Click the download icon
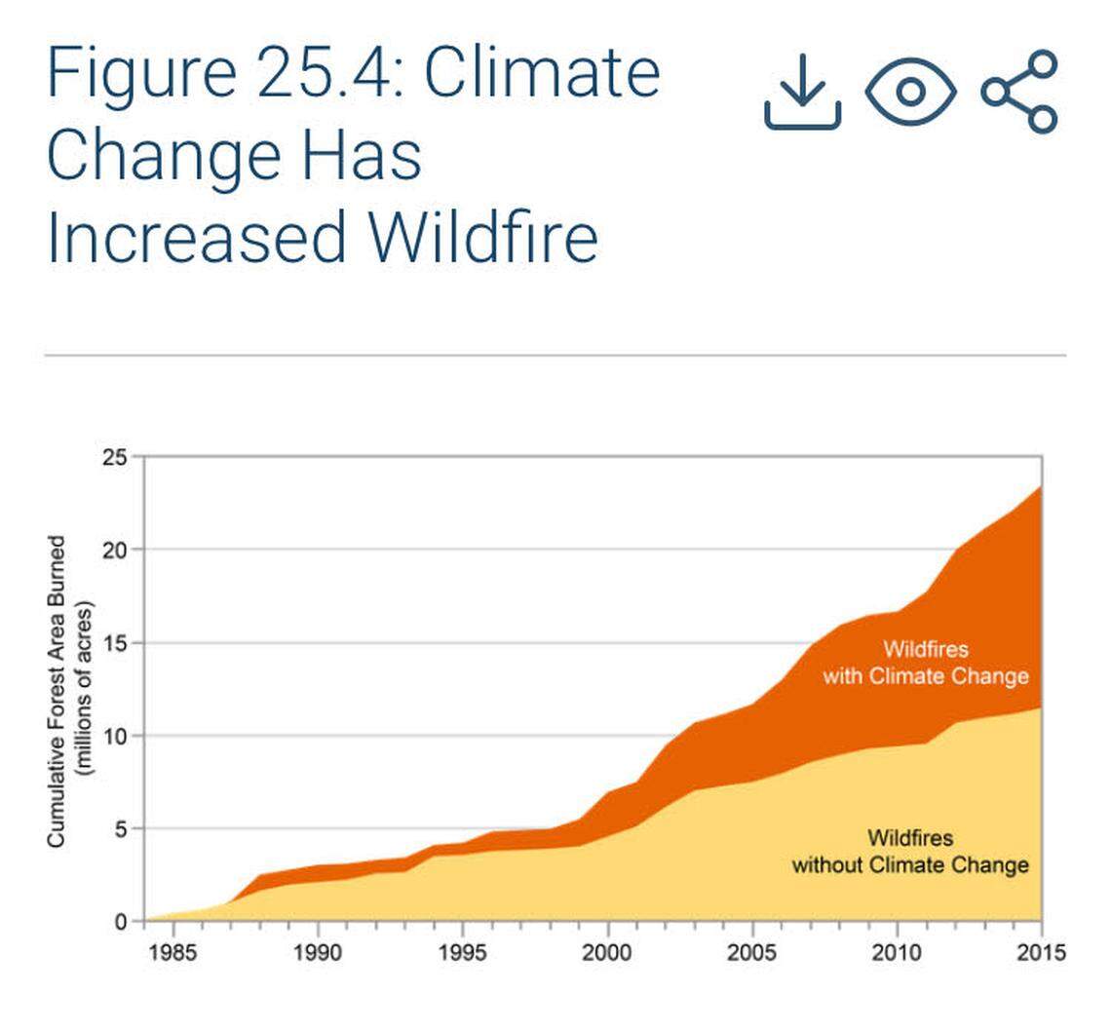click(x=802, y=92)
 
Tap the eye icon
click(x=910, y=92)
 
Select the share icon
click(x=1019, y=92)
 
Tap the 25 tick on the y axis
click(x=115, y=456)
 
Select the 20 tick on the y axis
click(x=115, y=550)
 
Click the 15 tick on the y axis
click(x=115, y=643)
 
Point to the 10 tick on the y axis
click(x=115, y=736)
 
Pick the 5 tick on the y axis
click(x=121, y=829)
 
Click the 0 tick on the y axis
click(x=121, y=922)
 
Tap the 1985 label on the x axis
click(x=172, y=952)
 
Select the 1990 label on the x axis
click(x=318, y=952)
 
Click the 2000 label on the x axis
click(x=607, y=952)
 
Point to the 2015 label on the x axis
click(x=1040, y=952)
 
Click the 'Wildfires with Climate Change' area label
click(x=925, y=663)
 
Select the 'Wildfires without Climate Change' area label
click(x=910, y=852)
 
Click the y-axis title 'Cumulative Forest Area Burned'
click(x=57, y=690)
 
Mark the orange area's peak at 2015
click(x=1041, y=486)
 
